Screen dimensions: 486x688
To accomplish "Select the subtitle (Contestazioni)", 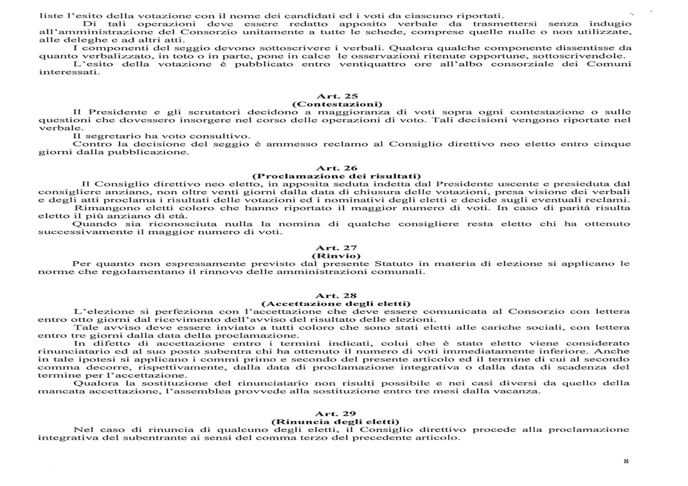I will (x=337, y=104).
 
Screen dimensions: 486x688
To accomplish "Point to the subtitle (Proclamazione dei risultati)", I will (x=337, y=175).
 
